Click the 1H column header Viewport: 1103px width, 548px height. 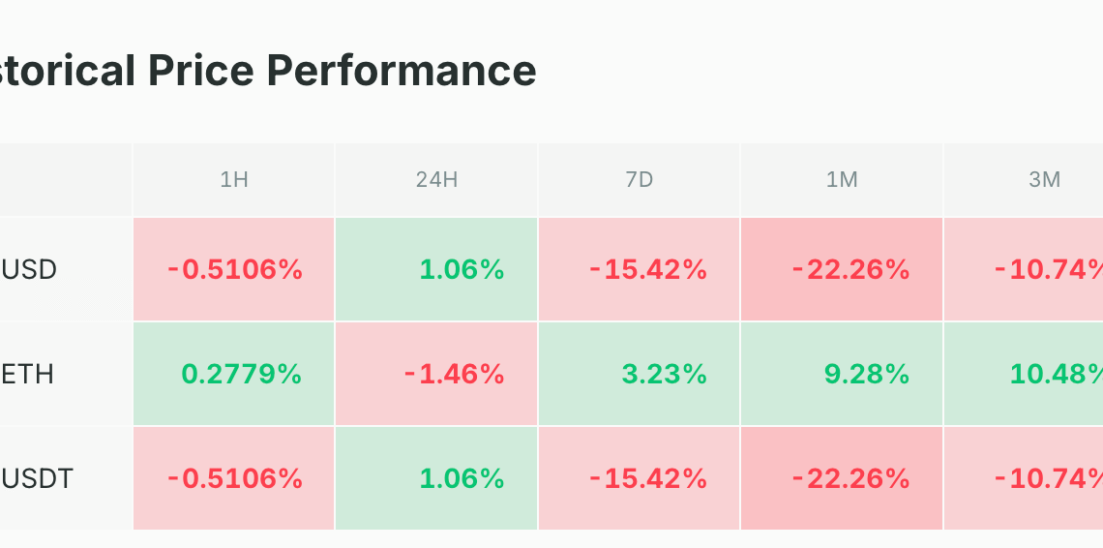234,180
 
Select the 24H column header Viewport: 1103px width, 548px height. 436,180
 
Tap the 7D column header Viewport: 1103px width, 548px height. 640,180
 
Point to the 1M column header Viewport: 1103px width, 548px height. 842,180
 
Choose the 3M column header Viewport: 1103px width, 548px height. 1045,180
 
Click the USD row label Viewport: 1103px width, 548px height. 29,270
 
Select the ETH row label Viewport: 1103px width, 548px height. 27,374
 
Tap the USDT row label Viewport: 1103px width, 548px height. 38,479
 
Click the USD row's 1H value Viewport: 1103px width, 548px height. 235,270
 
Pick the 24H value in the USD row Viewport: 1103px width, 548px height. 462,270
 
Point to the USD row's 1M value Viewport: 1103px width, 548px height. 851,270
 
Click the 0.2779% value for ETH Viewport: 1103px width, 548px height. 242,374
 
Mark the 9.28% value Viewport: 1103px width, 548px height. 867,374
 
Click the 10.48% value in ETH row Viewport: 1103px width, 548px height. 1057,374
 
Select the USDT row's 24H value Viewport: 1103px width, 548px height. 462,479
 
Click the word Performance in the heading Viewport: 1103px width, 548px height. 402,71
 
